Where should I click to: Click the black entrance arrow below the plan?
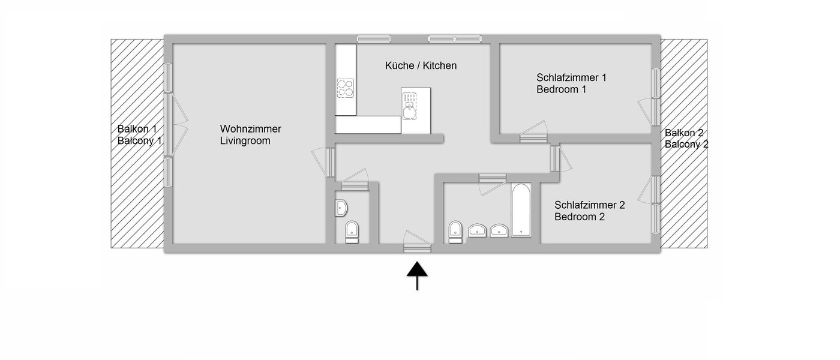pyautogui.click(x=417, y=275)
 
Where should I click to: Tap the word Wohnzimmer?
pyautogui.click(x=250, y=129)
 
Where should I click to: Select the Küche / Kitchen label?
pyautogui.click(x=421, y=65)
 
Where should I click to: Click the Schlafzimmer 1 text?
pyautogui.click(x=572, y=77)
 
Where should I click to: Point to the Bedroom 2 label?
pyautogui.click(x=580, y=217)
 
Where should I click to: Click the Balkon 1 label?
pyautogui.click(x=137, y=129)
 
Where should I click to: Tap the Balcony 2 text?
pyautogui.click(x=686, y=145)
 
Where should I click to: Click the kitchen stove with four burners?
pyautogui.click(x=345, y=88)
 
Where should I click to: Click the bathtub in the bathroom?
pyautogui.click(x=520, y=210)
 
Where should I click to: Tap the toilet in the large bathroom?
pyautogui.click(x=455, y=231)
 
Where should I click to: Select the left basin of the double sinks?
pyautogui.click(x=478, y=230)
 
